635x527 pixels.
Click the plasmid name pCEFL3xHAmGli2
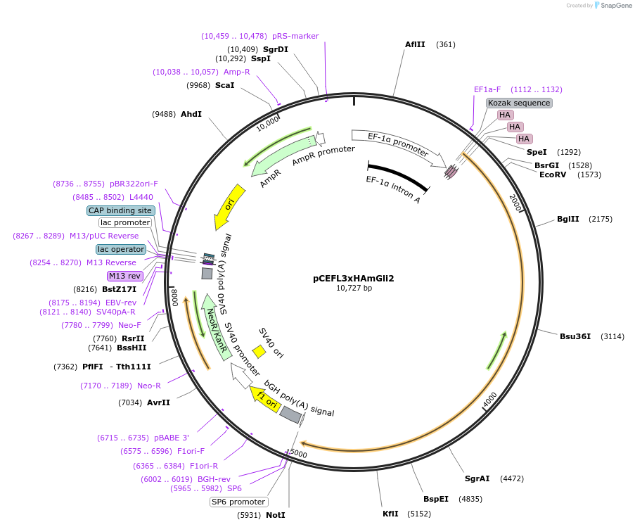[353, 278]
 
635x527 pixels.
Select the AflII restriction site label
[415, 44]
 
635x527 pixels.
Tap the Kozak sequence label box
[519, 103]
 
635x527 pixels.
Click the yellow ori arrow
[230, 206]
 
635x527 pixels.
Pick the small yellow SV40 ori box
[259, 350]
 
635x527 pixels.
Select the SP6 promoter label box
[239, 502]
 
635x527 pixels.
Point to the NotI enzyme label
[275, 515]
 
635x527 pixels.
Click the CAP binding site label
[120, 210]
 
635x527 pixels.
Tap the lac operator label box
[121, 249]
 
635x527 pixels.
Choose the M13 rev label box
[124, 276]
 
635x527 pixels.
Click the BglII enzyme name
[567, 219]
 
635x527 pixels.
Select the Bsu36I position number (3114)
[612, 336]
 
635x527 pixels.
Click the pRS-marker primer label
[295, 36]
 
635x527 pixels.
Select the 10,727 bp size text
[353, 288]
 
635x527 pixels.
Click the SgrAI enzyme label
[477, 478]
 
